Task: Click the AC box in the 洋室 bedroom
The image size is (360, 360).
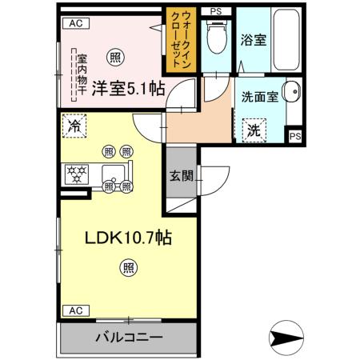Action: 75,24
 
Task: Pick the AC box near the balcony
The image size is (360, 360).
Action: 75,310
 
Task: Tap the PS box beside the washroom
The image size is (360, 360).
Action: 295,136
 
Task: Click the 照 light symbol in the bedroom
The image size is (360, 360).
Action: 117,57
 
